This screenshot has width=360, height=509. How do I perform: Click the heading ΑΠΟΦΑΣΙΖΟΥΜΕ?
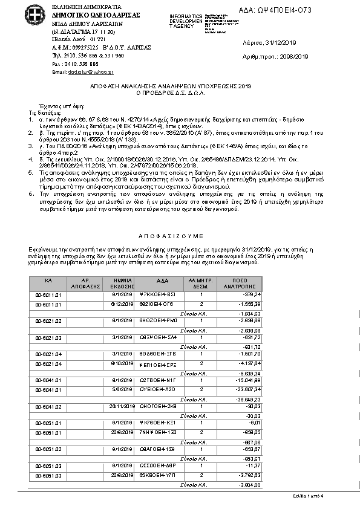180,234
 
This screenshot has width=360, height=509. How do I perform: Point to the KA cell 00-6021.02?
49,321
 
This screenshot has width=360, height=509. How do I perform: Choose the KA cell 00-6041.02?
49,407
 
